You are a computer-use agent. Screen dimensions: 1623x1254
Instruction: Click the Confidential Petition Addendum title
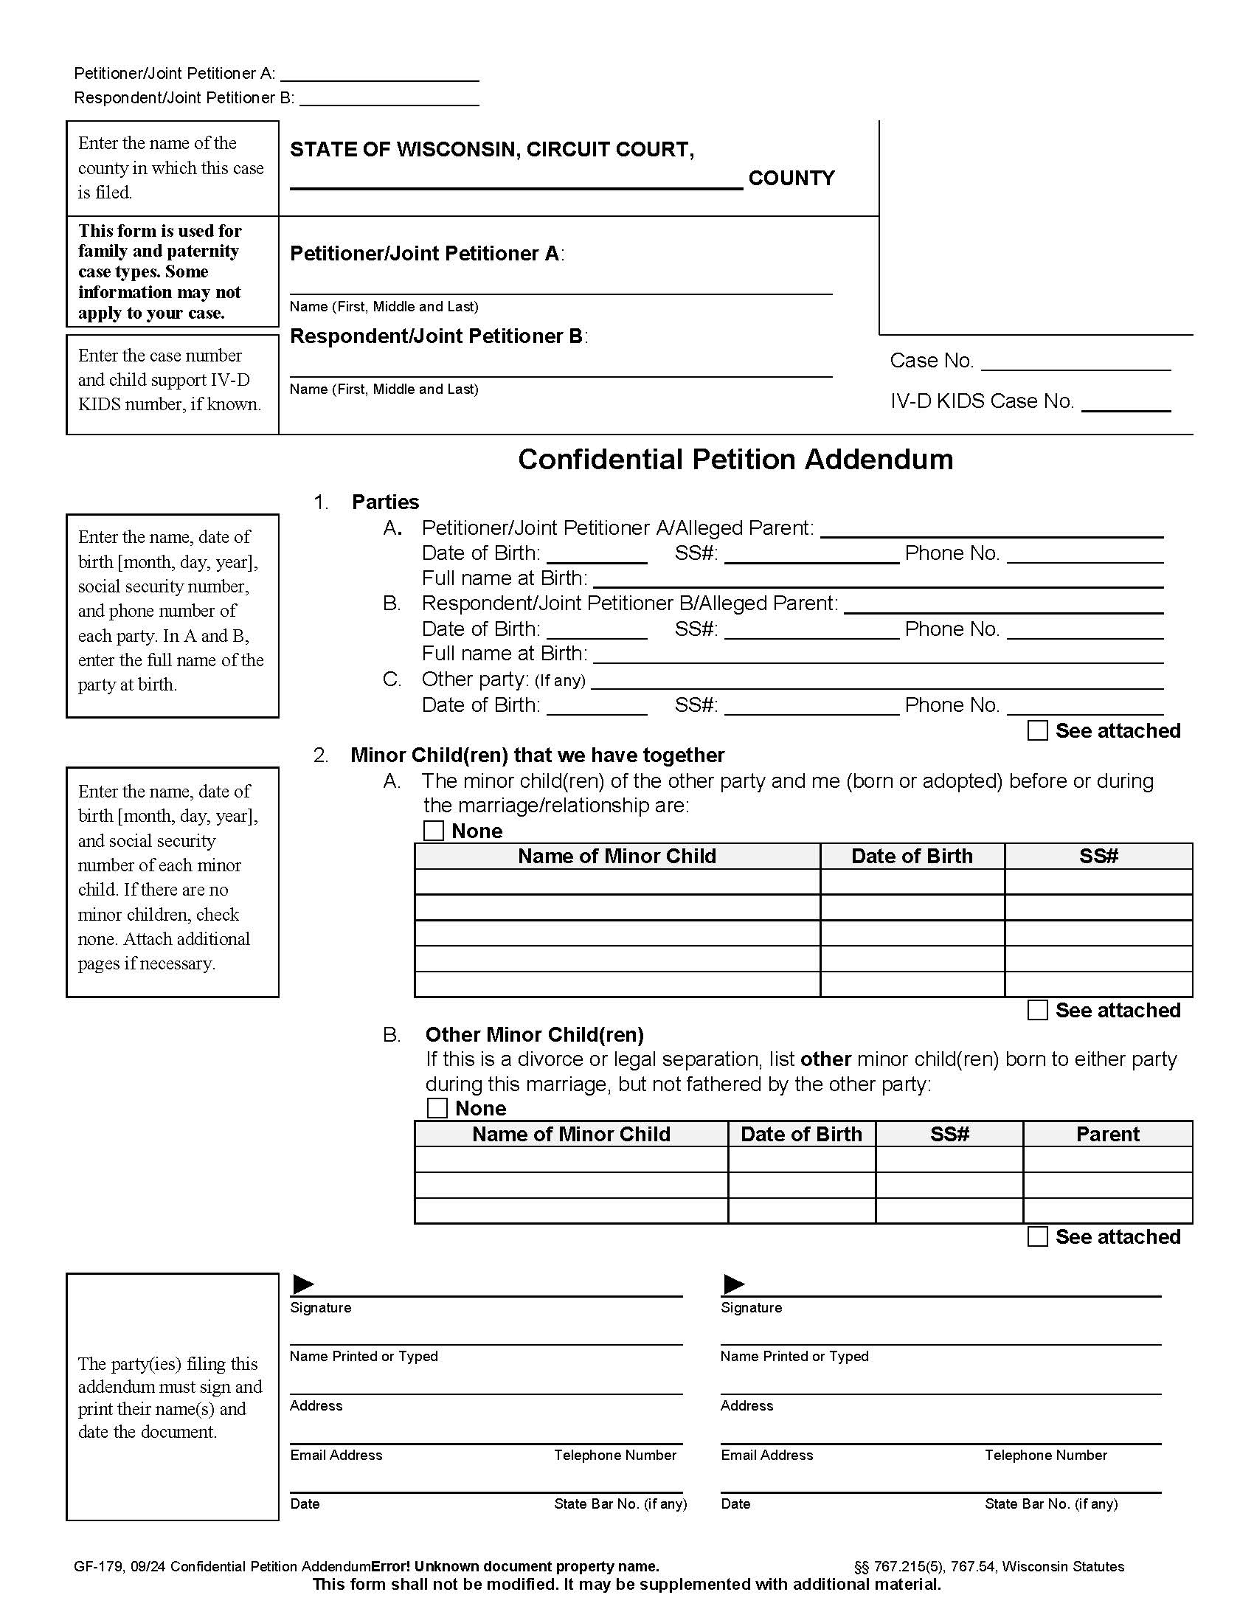[735, 460]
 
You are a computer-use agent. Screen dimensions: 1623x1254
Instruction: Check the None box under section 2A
[433, 830]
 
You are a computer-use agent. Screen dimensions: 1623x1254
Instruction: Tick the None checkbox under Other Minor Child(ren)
[437, 1108]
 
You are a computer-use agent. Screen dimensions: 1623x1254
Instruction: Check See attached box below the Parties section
[1037, 730]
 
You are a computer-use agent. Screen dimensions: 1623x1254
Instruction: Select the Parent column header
[1107, 1134]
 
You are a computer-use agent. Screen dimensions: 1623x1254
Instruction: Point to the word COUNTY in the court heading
[791, 179]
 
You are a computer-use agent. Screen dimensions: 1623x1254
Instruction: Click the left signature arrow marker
[303, 1284]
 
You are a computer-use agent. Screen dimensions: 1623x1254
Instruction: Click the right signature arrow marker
[734, 1284]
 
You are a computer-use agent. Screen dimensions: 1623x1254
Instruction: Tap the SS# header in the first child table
[1098, 856]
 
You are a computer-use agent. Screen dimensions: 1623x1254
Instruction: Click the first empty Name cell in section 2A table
[617, 882]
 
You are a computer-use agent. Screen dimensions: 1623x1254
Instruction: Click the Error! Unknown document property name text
[515, 1566]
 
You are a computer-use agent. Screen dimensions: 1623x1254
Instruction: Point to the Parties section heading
[385, 502]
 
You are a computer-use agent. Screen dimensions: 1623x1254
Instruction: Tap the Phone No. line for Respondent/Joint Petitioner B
[1084, 631]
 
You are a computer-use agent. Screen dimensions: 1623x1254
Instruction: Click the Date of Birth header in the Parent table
[801, 1134]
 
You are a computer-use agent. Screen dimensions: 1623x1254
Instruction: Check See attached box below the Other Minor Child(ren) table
[1037, 1236]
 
